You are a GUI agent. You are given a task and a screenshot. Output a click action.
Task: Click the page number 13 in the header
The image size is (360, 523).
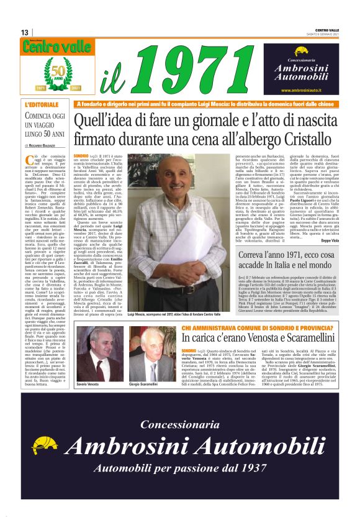click(25, 32)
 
